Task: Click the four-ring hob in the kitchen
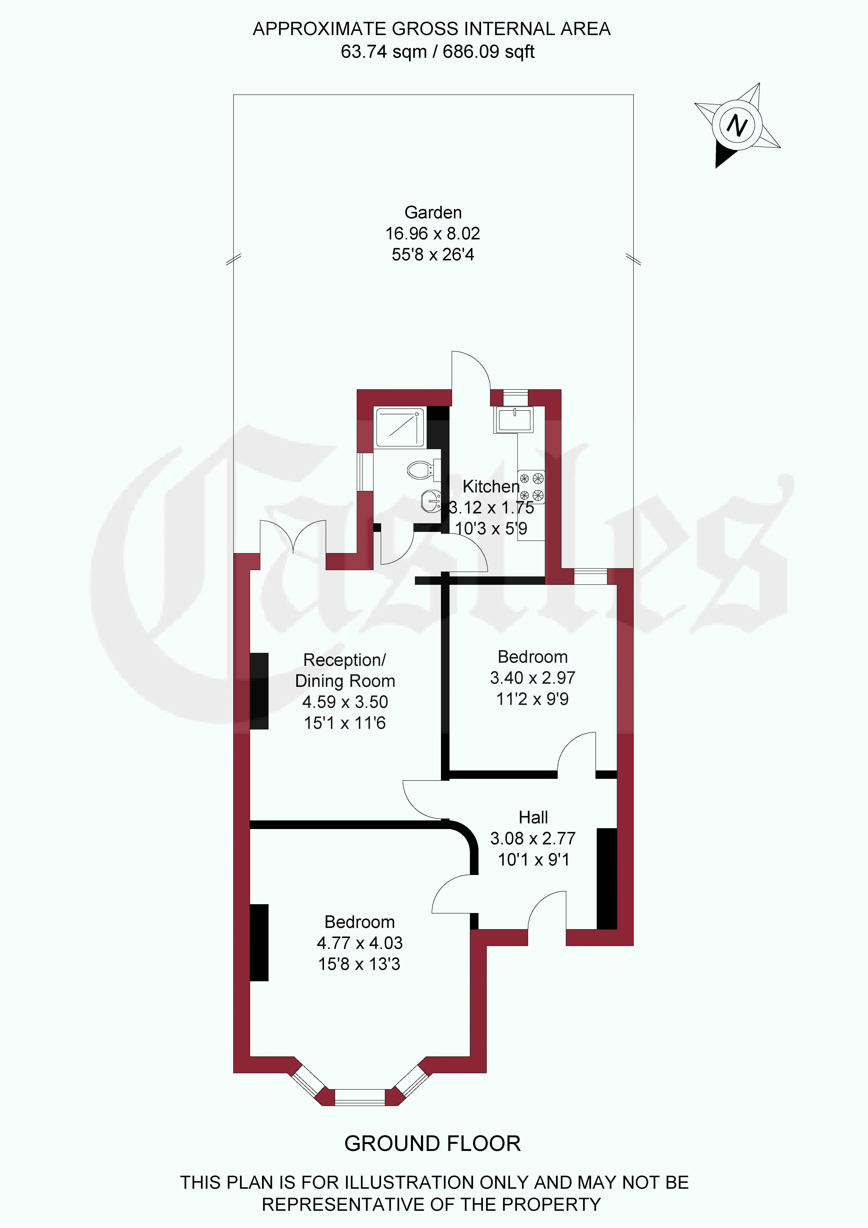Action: [x=531, y=487]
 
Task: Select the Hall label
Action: [x=533, y=817]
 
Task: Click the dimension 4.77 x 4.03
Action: [x=359, y=943]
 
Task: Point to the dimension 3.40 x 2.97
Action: [x=533, y=678]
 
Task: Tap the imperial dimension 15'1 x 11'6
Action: [x=345, y=723]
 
